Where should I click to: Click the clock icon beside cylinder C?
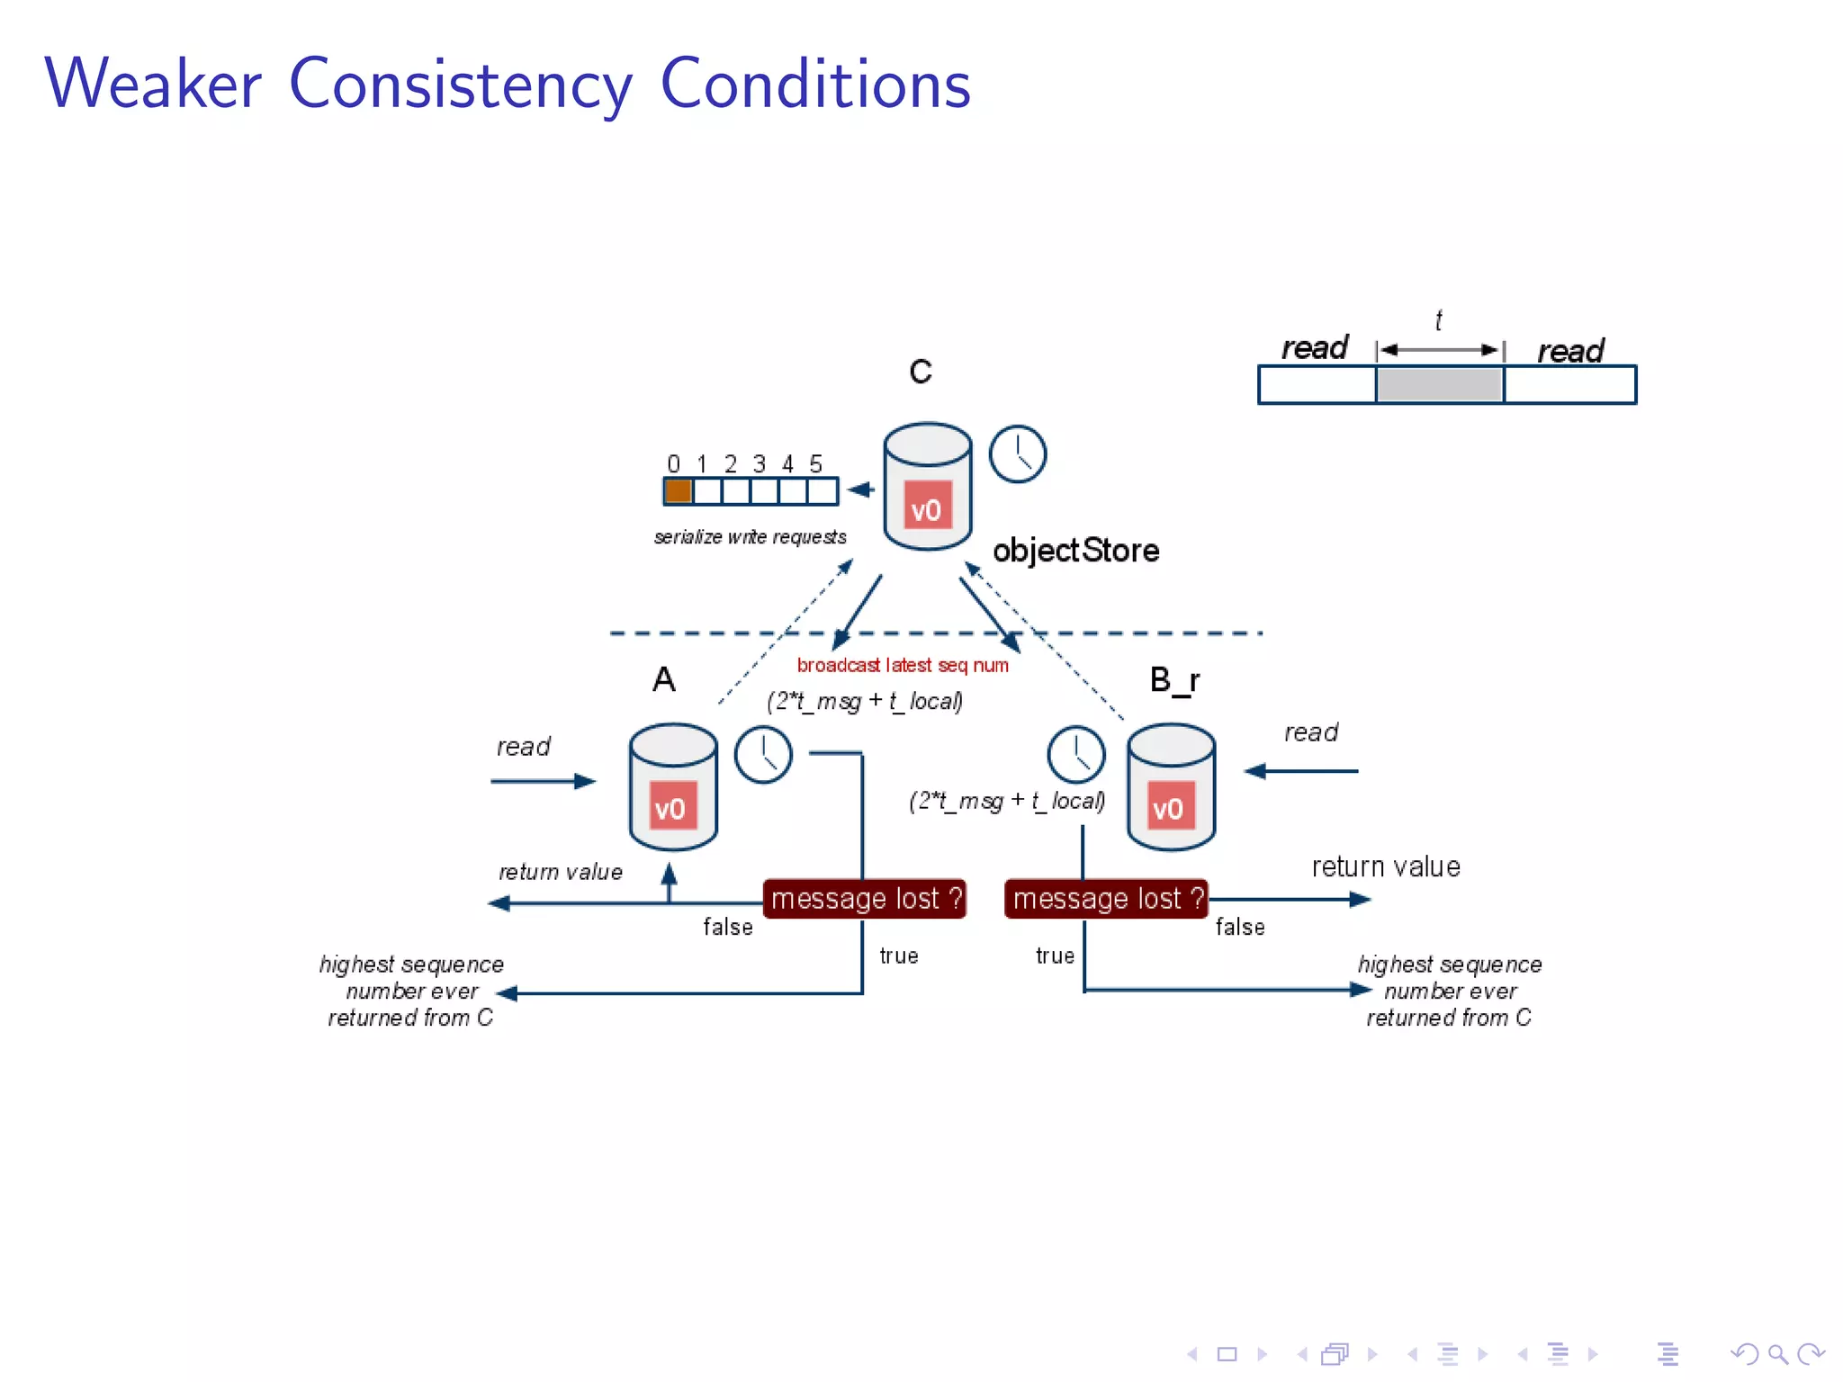[x=1018, y=454]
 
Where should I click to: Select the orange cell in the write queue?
[x=678, y=491]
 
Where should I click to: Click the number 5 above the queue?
[x=815, y=464]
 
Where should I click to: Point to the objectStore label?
[x=1075, y=550]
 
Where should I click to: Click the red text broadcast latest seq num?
[x=902, y=665]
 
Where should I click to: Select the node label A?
[x=664, y=679]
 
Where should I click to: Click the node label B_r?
[x=1174, y=680]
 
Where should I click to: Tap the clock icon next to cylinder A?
[x=763, y=755]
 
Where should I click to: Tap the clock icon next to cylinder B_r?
[x=1075, y=755]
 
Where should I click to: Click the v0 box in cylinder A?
[x=670, y=808]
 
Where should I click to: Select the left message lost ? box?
[x=865, y=899]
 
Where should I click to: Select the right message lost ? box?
[x=1106, y=899]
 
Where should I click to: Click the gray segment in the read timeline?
[x=1439, y=385]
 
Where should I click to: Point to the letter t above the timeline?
[x=1438, y=320]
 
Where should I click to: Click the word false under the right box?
[x=1240, y=927]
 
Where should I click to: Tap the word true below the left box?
[x=899, y=956]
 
